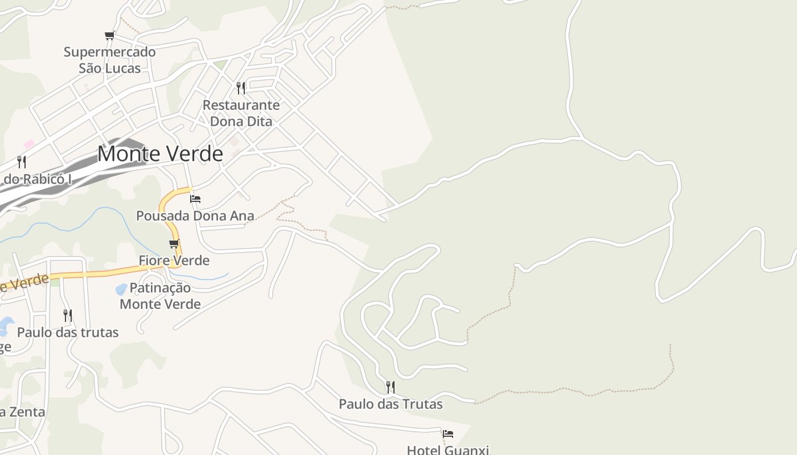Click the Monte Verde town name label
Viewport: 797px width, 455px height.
coord(160,154)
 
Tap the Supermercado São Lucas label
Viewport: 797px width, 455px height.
coord(109,60)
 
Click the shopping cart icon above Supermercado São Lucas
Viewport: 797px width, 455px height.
coord(109,36)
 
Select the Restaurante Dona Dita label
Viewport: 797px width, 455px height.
coord(241,113)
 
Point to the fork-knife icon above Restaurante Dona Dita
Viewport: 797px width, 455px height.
coord(241,88)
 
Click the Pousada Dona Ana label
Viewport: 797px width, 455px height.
coord(195,216)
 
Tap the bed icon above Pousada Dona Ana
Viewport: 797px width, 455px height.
coord(195,198)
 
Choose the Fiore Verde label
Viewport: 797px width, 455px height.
coord(174,260)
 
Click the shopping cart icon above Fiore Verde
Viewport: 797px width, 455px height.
coord(174,244)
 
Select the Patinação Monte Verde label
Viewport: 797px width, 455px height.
coord(160,295)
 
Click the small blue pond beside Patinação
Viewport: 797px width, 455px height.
coord(121,289)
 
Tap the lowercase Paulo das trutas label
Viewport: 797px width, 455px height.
coord(68,332)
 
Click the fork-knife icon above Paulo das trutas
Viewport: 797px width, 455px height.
coord(67,315)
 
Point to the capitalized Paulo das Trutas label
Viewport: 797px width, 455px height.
coord(391,404)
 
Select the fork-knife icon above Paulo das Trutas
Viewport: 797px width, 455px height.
coord(390,387)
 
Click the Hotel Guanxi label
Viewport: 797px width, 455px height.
coord(447,450)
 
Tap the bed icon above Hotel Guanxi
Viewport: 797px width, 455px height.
coord(448,434)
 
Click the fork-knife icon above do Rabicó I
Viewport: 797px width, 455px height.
coord(22,162)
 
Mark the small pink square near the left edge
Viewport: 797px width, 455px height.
coord(29,144)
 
